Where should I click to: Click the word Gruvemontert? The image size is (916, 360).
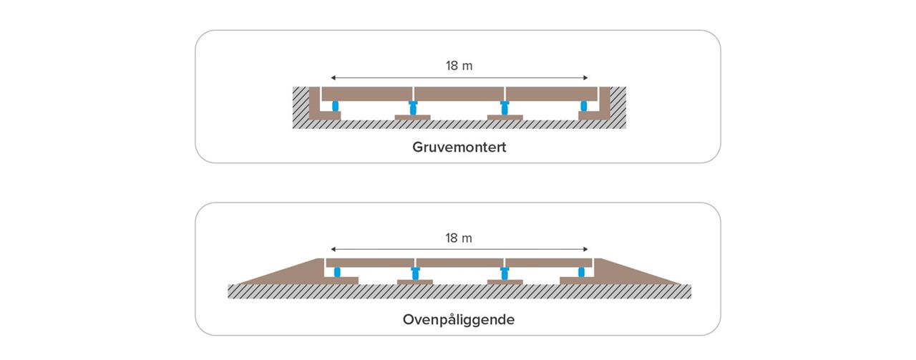click(459, 147)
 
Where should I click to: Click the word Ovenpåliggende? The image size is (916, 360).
click(459, 319)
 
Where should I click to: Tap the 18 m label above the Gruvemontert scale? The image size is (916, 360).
click(459, 66)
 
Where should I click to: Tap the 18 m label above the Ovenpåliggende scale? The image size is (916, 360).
click(459, 238)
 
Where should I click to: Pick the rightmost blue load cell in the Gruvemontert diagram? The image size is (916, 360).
click(583, 106)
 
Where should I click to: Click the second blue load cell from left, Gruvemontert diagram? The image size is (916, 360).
click(413, 108)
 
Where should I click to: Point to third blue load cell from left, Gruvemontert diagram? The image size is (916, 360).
click(505, 108)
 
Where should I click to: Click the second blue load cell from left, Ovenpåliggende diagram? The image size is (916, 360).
click(414, 273)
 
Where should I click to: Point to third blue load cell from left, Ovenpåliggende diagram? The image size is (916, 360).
click(505, 273)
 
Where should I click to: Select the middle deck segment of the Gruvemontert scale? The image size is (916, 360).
click(459, 94)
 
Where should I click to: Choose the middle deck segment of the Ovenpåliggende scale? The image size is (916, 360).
click(459, 263)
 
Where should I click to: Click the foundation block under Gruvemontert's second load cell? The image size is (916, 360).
click(413, 118)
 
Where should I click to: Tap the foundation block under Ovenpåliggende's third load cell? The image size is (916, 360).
click(505, 282)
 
